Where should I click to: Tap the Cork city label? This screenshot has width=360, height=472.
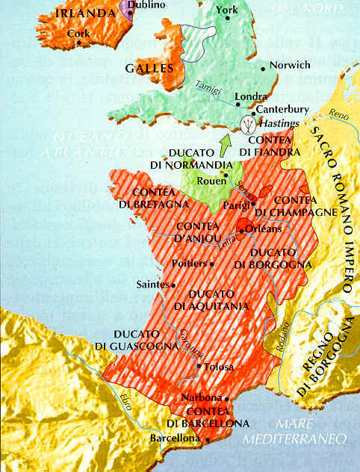click(78, 34)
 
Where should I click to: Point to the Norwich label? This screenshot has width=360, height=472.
click(290, 65)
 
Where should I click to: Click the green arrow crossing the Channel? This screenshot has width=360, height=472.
click(224, 142)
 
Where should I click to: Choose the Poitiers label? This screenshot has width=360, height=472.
click(189, 264)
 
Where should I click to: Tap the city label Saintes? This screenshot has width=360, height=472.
click(152, 284)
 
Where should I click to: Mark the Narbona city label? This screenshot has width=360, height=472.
click(202, 398)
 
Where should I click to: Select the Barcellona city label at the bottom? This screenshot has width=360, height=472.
click(176, 438)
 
